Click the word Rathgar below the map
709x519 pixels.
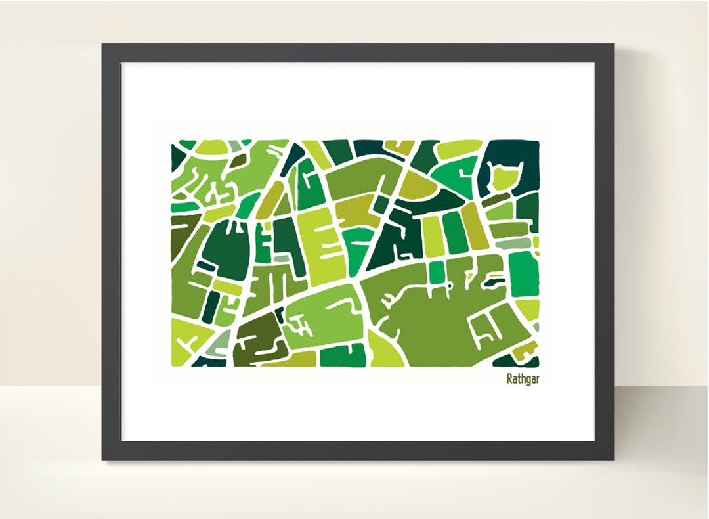[x=523, y=379]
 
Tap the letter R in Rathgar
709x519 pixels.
[x=509, y=379]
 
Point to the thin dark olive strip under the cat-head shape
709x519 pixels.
[x=496, y=199]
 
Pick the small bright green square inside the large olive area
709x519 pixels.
[x=436, y=271]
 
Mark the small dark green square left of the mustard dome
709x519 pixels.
[x=381, y=204]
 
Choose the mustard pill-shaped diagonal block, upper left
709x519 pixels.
[x=269, y=200]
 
